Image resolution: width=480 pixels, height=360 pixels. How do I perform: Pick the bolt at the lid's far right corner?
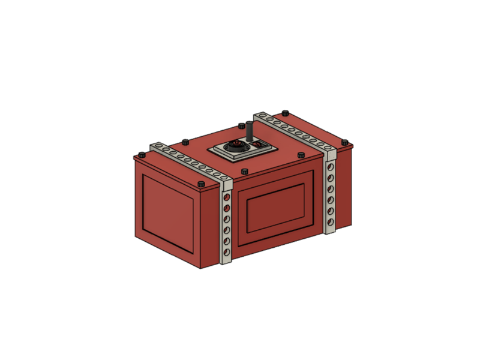click(x=345, y=142)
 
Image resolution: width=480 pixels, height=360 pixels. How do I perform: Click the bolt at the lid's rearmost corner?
click(x=284, y=112)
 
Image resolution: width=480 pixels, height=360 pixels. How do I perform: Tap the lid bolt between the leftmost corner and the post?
click(x=185, y=142)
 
